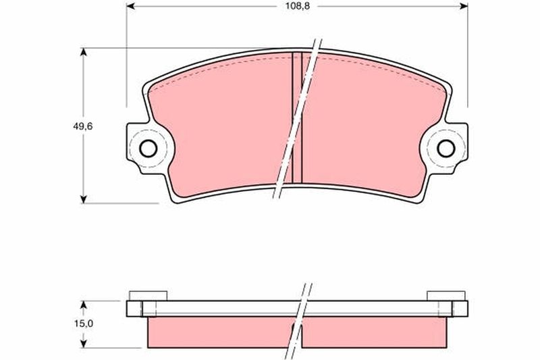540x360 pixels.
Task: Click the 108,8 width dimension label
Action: tap(297, 6)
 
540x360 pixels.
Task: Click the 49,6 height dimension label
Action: tap(82, 126)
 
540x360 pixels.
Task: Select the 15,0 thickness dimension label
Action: tap(84, 324)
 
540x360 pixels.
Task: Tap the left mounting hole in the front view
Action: tap(148, 149)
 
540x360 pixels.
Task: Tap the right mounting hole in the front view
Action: tap(446, 149)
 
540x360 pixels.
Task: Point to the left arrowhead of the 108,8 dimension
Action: tap(130, 6)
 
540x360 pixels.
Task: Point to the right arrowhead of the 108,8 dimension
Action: tap(464, 6)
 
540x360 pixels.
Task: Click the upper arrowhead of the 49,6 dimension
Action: tap(83, 52)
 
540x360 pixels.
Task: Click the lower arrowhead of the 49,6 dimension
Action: tap(83, 199)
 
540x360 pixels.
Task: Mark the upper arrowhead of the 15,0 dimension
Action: tap(83, 305)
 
